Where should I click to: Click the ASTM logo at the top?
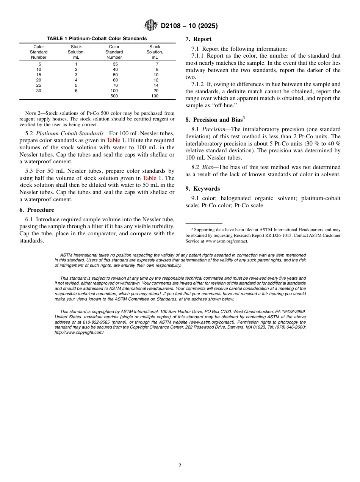(x=150, y=25)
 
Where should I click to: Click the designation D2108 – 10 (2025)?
(x=189, y=26)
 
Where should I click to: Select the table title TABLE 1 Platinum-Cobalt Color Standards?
(x=97, y=39)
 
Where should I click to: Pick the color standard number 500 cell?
(x=114, y=96)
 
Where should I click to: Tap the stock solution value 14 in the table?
(x=156, y=85)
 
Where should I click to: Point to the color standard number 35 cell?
(x=115, y=64)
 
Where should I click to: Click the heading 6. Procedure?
(x=37, y=210)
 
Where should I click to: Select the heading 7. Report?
(x=199, y=39)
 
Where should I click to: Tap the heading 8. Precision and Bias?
(x=214, y=120)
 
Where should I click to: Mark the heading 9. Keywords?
(x=203, y=189)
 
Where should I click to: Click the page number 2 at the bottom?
(x=180, y=466)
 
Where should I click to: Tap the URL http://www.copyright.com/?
(x=79, y=332)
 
